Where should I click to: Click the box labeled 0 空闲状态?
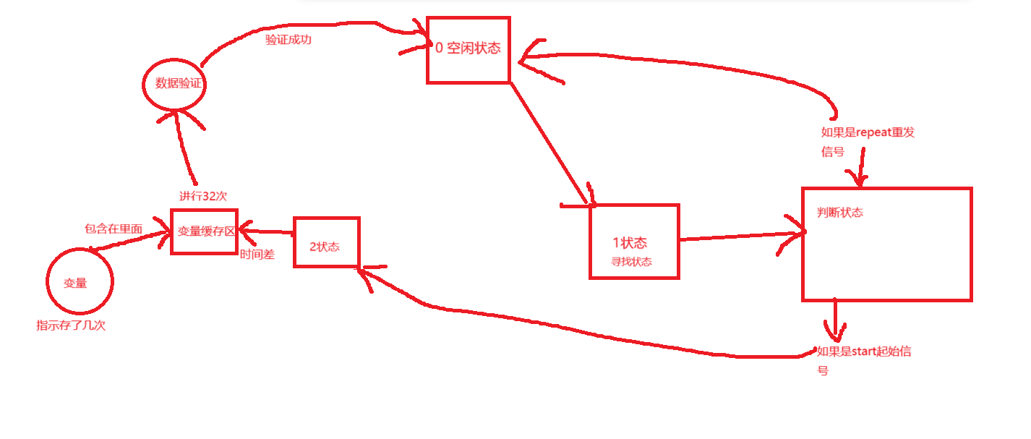(468, 49)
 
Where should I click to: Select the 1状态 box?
(634, 242)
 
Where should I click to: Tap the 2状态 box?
(326, 242)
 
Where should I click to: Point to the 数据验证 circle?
(174, 84)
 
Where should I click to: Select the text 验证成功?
(288, 40)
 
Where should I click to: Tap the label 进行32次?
(204, 196)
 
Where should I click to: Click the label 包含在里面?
(114, 229)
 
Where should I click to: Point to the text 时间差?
(257, 255)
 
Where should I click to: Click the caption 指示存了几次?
(71, 325)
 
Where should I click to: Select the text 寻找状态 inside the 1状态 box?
(631, 262)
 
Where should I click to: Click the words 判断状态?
(839, 213)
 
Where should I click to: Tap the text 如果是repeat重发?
(868, 132)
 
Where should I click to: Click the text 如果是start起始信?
(863, 352)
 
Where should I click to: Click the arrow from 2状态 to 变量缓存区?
(266, 231)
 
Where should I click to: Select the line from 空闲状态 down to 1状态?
(549, 141)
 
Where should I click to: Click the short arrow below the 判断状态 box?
(835, 318)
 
